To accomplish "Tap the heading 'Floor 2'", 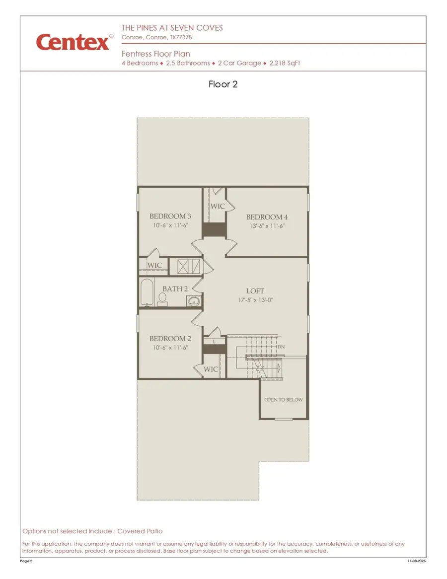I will click(223, 84).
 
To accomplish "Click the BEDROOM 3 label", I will click(170, 217).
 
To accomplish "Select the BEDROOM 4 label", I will click(267, 217).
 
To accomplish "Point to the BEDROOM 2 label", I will click(170, 339).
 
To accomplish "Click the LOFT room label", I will click(255, 291).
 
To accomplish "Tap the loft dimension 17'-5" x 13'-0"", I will click(255, 300).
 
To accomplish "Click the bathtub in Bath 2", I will click(147, 293).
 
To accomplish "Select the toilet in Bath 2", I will click(162, 298).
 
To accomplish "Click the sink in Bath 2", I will click(194, 300).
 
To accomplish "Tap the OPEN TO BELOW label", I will click(283, 400).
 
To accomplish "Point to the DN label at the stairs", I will click(281, 347).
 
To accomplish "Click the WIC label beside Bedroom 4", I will click(218, 206).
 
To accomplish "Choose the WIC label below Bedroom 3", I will click(154, 266).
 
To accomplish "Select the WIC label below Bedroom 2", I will click(211, 369).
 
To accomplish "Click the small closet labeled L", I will click(214, 342).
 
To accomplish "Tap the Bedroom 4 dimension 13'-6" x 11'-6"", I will click(267, 226).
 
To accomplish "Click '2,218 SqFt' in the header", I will click(285, 64).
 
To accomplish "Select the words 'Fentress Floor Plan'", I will click(155, 54).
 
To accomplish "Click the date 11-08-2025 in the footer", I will click(416, 561).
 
